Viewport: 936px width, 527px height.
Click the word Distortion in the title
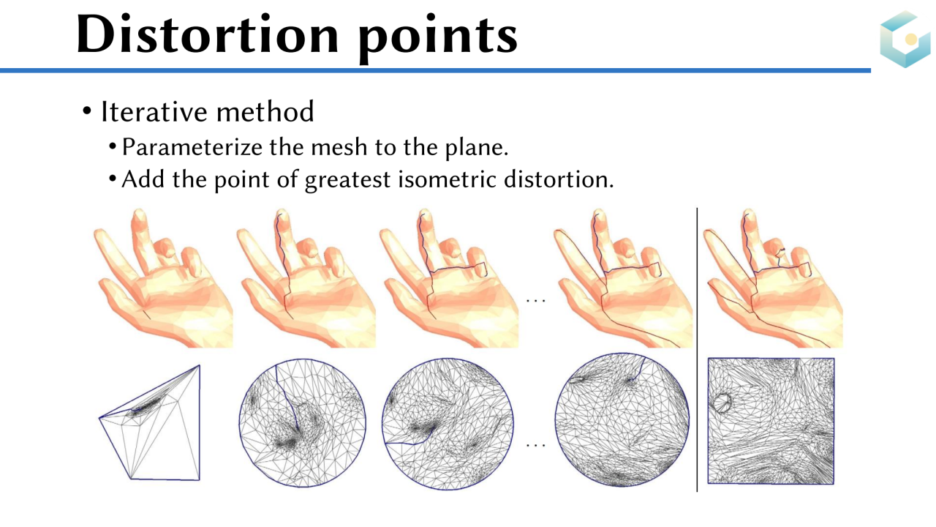pyautogui.click(x=208, y=34)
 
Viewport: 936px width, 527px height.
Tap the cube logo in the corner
pyautogui.click(x=905, y=39)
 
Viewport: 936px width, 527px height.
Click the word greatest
pyautogui.click(x=347, y=180)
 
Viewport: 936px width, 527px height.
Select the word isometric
pyautogui.click(x=447, y=179)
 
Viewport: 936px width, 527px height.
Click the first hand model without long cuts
pyautogui.click(x=163, y=278)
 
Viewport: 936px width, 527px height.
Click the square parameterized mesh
pyautogui.click(x=771, y=421)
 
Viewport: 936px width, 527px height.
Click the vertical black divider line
pyautogui.click(x=697, y=349)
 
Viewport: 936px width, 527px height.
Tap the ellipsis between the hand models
pyautogui.click(x=536, y=300)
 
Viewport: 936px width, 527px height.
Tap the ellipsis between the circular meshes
pyautogui.click(x=536, y=445)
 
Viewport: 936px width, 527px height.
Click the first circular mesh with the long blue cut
pyautogui.click(x=303, y=422)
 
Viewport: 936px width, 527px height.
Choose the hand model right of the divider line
pyautogui.click(x=773, y=278)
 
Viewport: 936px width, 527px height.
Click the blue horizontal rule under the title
pyautogui.click(x=435, y=71)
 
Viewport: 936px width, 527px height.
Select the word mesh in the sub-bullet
pyautogui.click(x=338, y=147)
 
